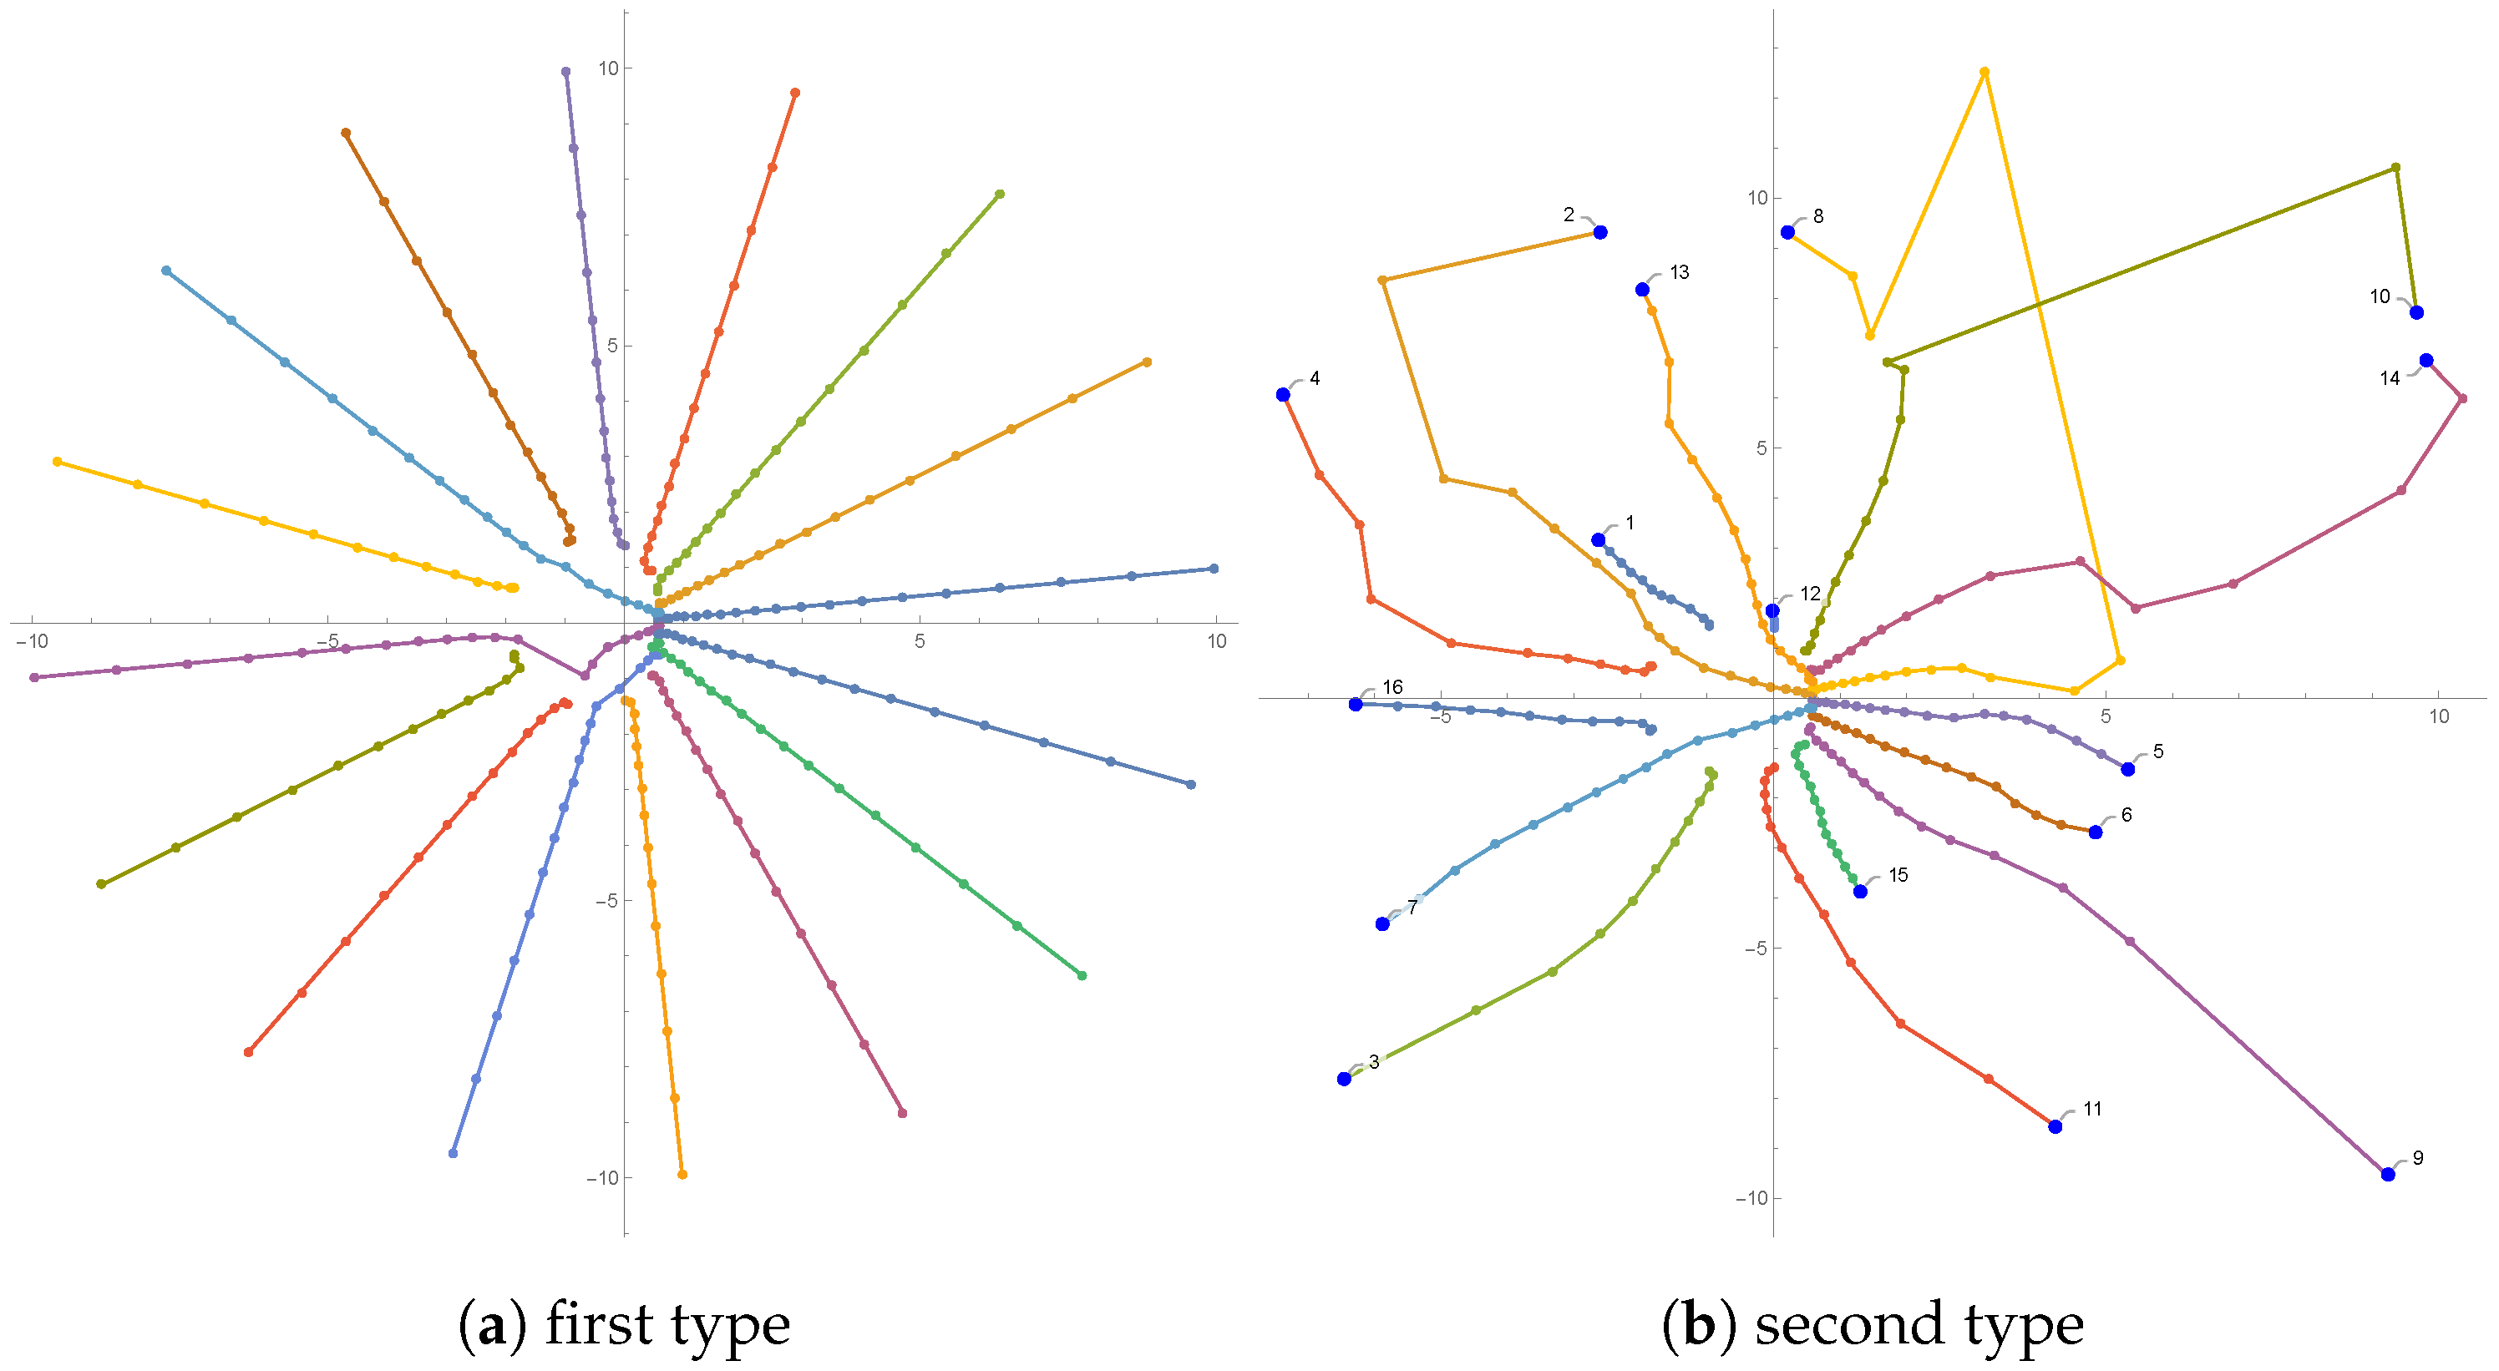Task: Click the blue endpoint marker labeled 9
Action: point(2387,1174)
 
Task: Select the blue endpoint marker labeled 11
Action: point(2055,1126)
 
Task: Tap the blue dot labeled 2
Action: point(1599,233)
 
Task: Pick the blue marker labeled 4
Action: point(1282,395)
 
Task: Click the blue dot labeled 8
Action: point(1787,233)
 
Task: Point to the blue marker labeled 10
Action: point(2415,312)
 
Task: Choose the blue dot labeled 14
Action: point(2425,361)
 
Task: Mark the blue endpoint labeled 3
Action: point(1344,1079)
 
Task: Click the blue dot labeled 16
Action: point(1356,704)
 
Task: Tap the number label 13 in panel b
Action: point(1680,272)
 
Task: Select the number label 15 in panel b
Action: point(1898,876)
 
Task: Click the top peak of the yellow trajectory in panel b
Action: point(1984,72)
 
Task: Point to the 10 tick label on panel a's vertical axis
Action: point(608,68)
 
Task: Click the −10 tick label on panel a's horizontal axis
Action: point(32,641)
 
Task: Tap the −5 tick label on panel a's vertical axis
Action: point(601,901)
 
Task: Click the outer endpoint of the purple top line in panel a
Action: point(565,72)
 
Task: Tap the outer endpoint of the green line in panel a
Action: point(1082,975)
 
